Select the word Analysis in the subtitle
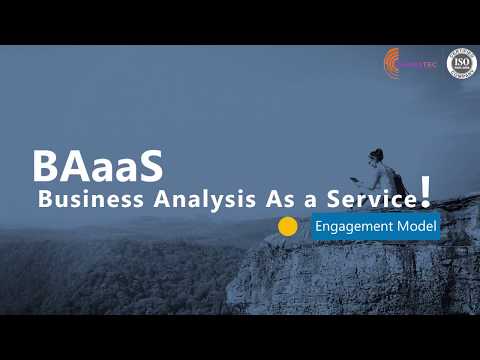pyautogui.click(x=179, y=198)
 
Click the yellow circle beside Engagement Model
pyautogui.click(x=288, y=226)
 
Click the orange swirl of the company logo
pyautogui.click(x=392, y=65)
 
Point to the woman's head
pyautogui.click(x=376, y=156)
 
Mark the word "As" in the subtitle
pyautogui.click(x=261, y=198)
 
